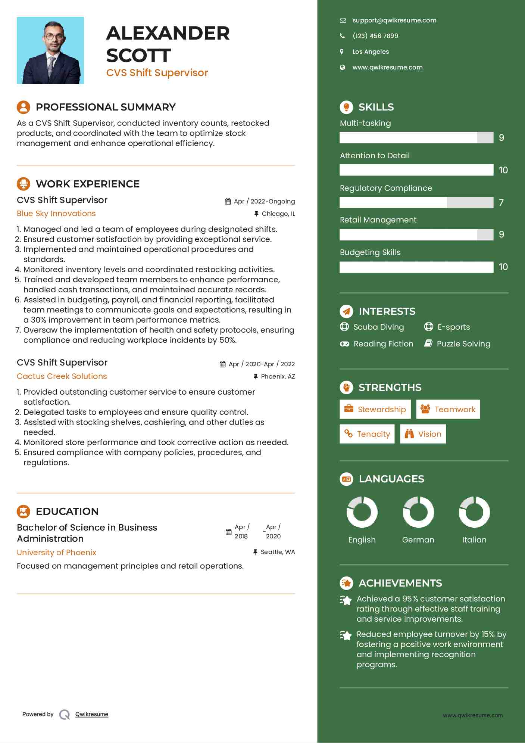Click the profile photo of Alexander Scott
click(x=50, y=50)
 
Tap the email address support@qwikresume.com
click(x=394, y=21)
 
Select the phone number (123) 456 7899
click(x=375, y=36)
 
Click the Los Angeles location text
click(x=371, y=52)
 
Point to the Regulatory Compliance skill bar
click(x=416, y=202)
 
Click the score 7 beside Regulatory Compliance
click(x=501, y=202)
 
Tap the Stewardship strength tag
click(x=375, y=409)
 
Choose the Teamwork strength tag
click(x=448, y=409)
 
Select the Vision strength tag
click(x=423, y=434)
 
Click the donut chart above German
click(x=418, y=512)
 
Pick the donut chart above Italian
click(x=474, y=512)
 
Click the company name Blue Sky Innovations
click(x=56, y=214)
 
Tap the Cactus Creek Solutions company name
click(x=62, y=376)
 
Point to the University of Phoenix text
click(x=56, y=553)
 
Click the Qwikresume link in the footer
click(x=92, y=714)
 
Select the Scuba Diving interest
click(x=378, y=327)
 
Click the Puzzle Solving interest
click(x=463, y=344)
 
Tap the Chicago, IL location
click(x=278, y=214)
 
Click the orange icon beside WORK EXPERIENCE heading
click(x=24, y=184)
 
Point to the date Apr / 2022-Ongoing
click(x=264, y=202)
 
